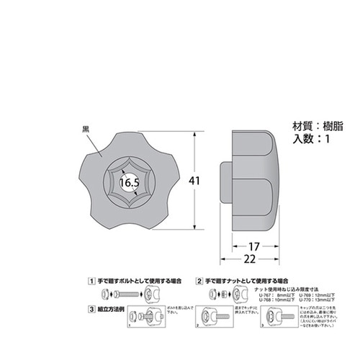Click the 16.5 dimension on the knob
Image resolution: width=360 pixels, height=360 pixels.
coord(130,184)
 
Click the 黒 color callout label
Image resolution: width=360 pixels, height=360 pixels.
coord(86,130)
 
